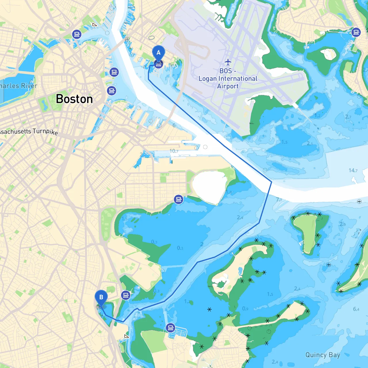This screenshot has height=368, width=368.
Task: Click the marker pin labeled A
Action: pos(158,53)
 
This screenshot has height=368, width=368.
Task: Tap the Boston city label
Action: pos(74,99)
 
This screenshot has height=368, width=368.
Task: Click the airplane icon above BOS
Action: pos(228,62)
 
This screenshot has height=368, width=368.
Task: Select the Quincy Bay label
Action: pos(323,355)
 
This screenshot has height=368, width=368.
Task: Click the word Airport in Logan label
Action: pos(228,86)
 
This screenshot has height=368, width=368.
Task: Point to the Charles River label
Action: pos(18,86)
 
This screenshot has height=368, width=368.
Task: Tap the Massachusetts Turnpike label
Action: pos(29,132)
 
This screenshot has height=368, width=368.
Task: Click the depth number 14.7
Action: pos(353,170)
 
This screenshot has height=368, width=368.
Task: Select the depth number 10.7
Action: pos(174,151)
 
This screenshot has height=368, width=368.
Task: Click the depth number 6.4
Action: pos(356,309)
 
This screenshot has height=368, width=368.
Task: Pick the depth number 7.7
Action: pos(279,200)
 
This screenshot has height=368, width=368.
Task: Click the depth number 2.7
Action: pos(348,117)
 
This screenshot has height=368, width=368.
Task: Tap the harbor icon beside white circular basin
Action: pos(179,199)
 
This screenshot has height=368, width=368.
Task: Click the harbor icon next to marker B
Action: pos(126,295)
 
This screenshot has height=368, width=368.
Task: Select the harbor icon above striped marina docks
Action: pos(170,327)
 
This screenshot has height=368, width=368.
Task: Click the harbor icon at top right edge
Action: pos(356,32)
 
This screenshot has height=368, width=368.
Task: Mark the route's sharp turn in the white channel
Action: pos(271,182)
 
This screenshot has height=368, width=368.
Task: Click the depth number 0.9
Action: pos(245,308)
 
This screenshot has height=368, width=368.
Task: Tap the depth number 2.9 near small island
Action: pos(342,224)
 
